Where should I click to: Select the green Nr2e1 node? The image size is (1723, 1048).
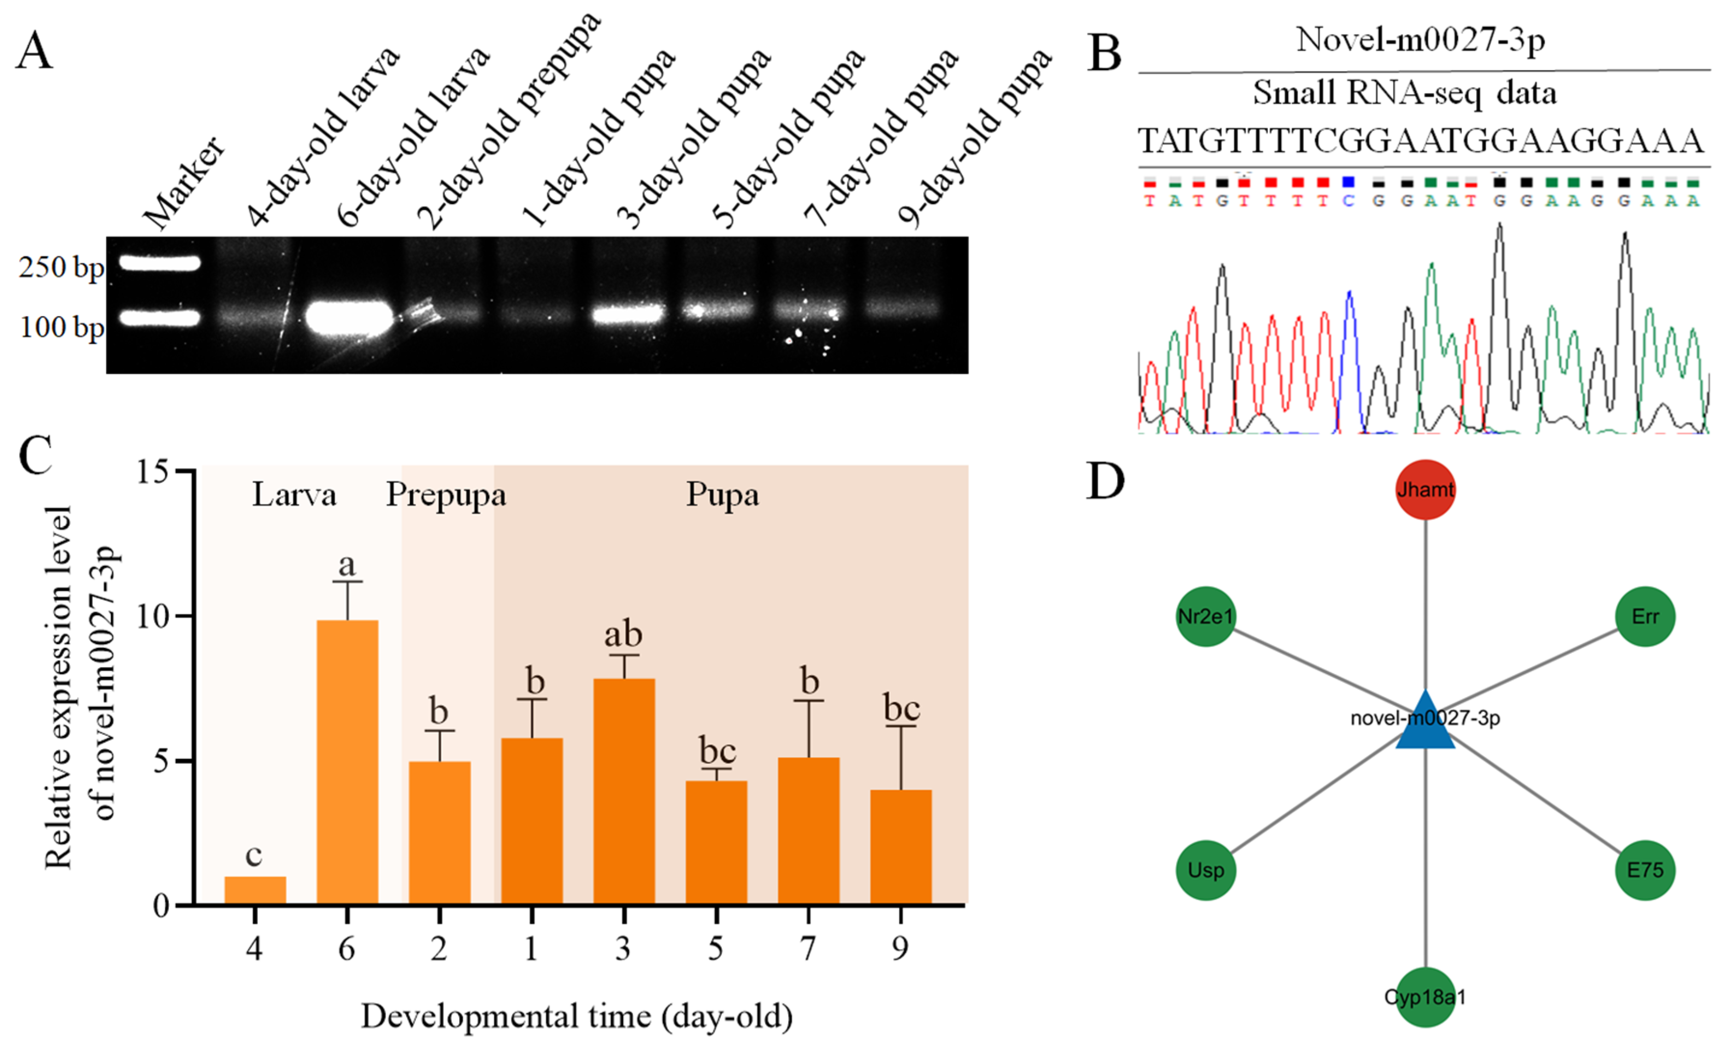coord(1206,616)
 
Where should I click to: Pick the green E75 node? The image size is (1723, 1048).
coord(1645,870)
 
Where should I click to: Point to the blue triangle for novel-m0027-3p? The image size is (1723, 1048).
coord(1425,724)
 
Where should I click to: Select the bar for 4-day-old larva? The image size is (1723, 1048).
coord(255,891)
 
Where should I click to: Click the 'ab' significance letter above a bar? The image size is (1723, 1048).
coord(623,635)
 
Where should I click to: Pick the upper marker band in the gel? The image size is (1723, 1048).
coord(159,263)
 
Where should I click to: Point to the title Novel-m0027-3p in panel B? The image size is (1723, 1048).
coord(1420,40)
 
